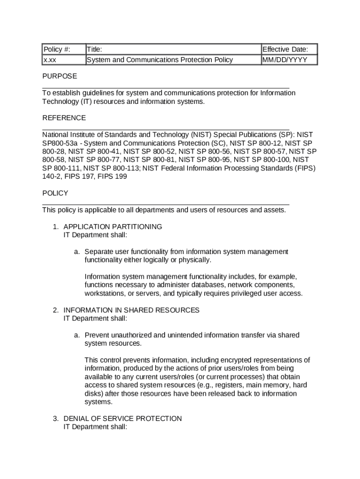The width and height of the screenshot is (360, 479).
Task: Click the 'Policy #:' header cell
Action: pos(57,50)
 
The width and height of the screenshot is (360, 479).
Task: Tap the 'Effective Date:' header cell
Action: pos(285,50)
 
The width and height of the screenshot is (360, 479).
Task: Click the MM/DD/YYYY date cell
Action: pos(285,60)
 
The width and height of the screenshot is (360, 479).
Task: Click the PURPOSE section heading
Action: pos(59,76)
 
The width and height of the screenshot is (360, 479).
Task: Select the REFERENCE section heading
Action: pos(64,118)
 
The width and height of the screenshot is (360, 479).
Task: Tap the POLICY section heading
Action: pos(55,193)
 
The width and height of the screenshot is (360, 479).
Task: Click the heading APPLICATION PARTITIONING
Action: pos(113,227)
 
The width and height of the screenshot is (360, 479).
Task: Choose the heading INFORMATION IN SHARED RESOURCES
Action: pos(131,310)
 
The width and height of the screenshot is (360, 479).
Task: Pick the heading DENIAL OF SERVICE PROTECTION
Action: pos(122,419)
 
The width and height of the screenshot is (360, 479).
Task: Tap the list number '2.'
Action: pos(55,310)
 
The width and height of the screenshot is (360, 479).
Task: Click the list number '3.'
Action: pos(55,419)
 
